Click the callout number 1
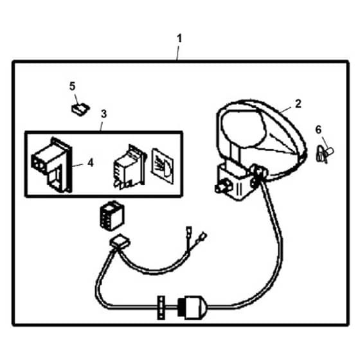pyautogui.click(x=179, y=39)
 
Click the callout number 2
pyautogui.click(x=298, y=104)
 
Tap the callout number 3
pyautogui.click(x=104, y=114)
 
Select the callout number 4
pyautogui.click(x=91, y=163)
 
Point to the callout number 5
pyautogui.click(x=72, y=87)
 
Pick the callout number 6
pyautogui.click(x=318, y=130)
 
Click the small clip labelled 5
pyautogui.click(x=80, y=109)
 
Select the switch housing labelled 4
pyautogui.click(x=52, y=165)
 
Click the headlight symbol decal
pyautogui.click(x=162, y=166)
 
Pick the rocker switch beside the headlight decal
pyautogui.click(x=130, y=167)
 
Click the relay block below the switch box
pyautogui.click(x=112, y=216)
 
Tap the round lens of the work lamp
pyautogui.click(x=244, y=128)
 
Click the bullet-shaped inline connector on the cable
pyautogui.click(x=193, y=307)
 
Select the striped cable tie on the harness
pyautogui.click(x=161, y=307)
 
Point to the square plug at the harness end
pyautogui.click(x=120, y=242)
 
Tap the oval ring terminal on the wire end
pyautogui.click(x=203, y=237)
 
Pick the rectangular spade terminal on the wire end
pyautogui.click(x=189, y=231)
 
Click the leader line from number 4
pyautogui.click(x=78, y=165)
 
